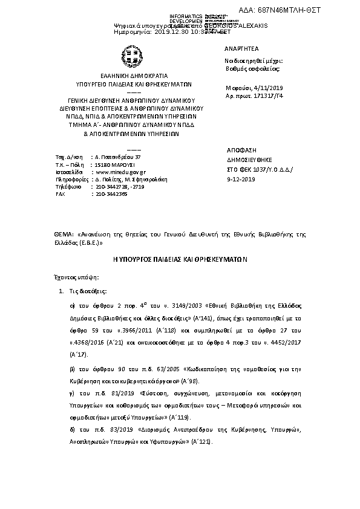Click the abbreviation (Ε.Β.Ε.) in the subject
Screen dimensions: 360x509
tap(92, 242)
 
